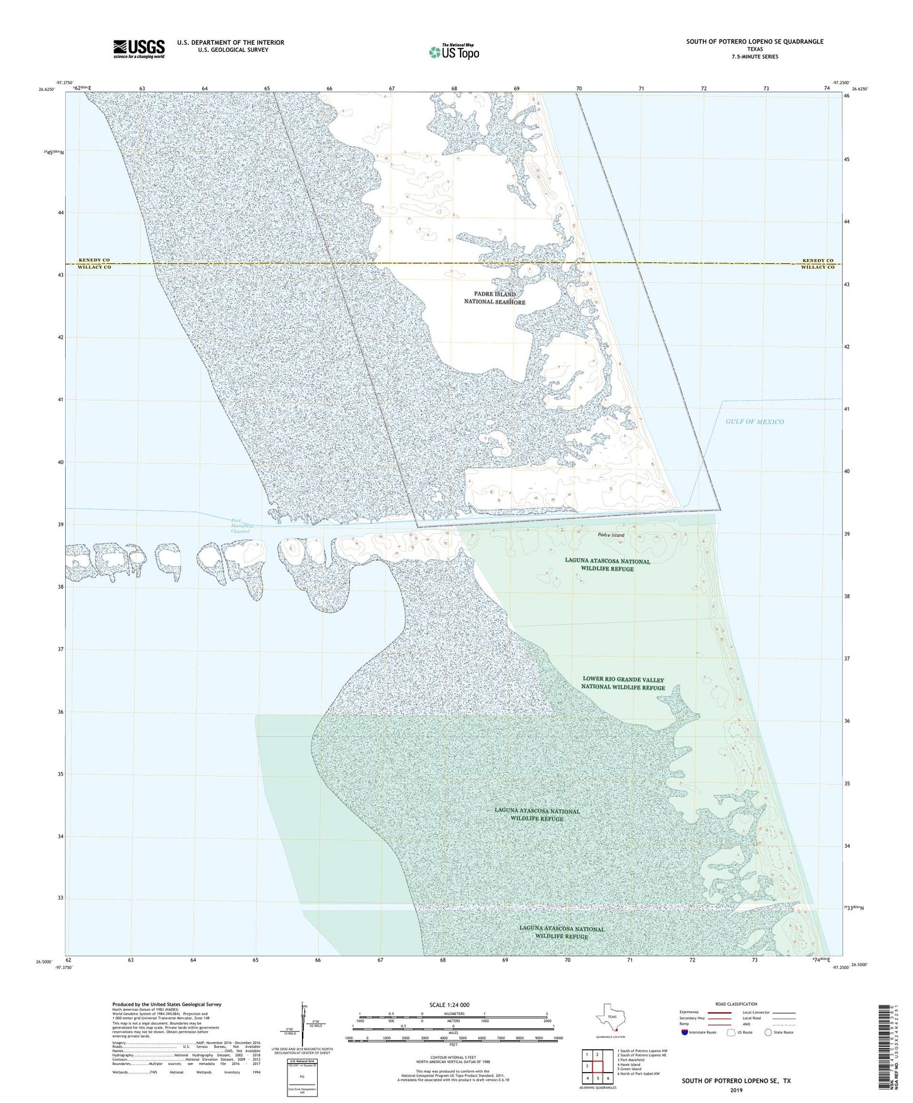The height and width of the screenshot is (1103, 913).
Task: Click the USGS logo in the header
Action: point(139,49)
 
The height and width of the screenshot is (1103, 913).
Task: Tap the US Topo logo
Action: point(454,52)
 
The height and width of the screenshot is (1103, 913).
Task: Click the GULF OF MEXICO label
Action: point(754,421)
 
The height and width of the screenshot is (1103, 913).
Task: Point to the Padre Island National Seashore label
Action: point(495,298)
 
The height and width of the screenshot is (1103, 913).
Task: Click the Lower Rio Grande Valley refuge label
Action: point(623,684)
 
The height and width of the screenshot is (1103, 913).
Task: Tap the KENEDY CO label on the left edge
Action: point(94,260)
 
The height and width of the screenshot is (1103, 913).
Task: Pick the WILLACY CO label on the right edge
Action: point(818,267)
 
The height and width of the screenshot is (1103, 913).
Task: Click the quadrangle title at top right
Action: point(755,42)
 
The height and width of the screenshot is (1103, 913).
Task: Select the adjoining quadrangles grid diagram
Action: point(597,1066)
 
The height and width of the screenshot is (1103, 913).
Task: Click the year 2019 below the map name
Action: point(736,1090)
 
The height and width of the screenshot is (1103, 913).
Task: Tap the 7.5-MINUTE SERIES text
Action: point(755,57)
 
